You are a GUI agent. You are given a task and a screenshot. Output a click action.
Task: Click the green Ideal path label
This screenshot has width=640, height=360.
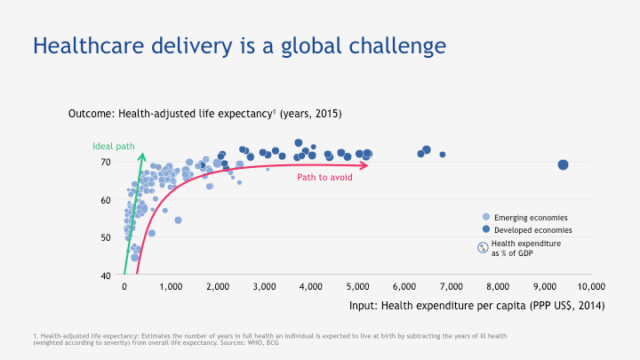point(113,146)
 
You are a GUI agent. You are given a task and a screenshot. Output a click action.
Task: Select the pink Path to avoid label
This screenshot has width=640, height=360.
point(324,178)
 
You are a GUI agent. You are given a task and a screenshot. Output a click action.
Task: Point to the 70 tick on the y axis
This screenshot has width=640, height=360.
point(105,163)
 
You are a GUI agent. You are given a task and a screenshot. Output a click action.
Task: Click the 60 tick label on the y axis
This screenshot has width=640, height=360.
point(105,200)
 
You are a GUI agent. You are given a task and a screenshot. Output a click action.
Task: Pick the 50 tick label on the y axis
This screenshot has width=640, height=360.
point(105,237)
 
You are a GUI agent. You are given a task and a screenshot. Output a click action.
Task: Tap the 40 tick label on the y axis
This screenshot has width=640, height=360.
point(105,275)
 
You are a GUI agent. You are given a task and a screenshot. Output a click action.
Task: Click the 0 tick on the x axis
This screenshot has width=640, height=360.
point(124,286)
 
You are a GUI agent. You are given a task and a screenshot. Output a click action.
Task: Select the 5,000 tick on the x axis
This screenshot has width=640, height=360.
point(357,286)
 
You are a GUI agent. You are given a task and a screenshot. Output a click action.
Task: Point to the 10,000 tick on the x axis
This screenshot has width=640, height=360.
point(590,286)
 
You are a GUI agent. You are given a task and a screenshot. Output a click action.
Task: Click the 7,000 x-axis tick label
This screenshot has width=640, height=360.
point(451,286)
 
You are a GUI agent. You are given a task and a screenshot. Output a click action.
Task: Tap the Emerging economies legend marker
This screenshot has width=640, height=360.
point(485,217)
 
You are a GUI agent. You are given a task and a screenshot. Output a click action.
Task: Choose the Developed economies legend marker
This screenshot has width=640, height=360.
point(485,229)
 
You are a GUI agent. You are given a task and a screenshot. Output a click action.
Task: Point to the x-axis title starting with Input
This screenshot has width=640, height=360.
point(476,306)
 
